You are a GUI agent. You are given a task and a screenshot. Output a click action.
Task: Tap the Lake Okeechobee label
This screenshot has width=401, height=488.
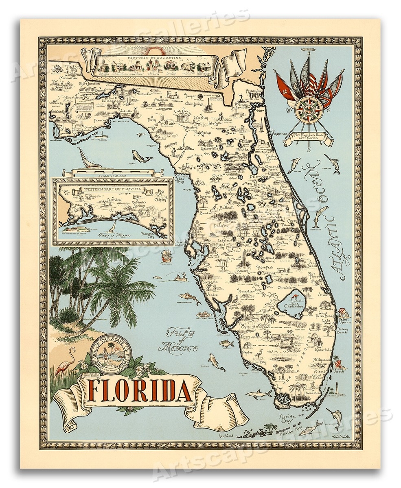click(294, 303)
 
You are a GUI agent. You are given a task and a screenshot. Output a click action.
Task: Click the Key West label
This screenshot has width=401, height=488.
click(227, 435)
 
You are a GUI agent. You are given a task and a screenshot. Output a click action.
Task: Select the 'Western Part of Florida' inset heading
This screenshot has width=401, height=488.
click(112, 190)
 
